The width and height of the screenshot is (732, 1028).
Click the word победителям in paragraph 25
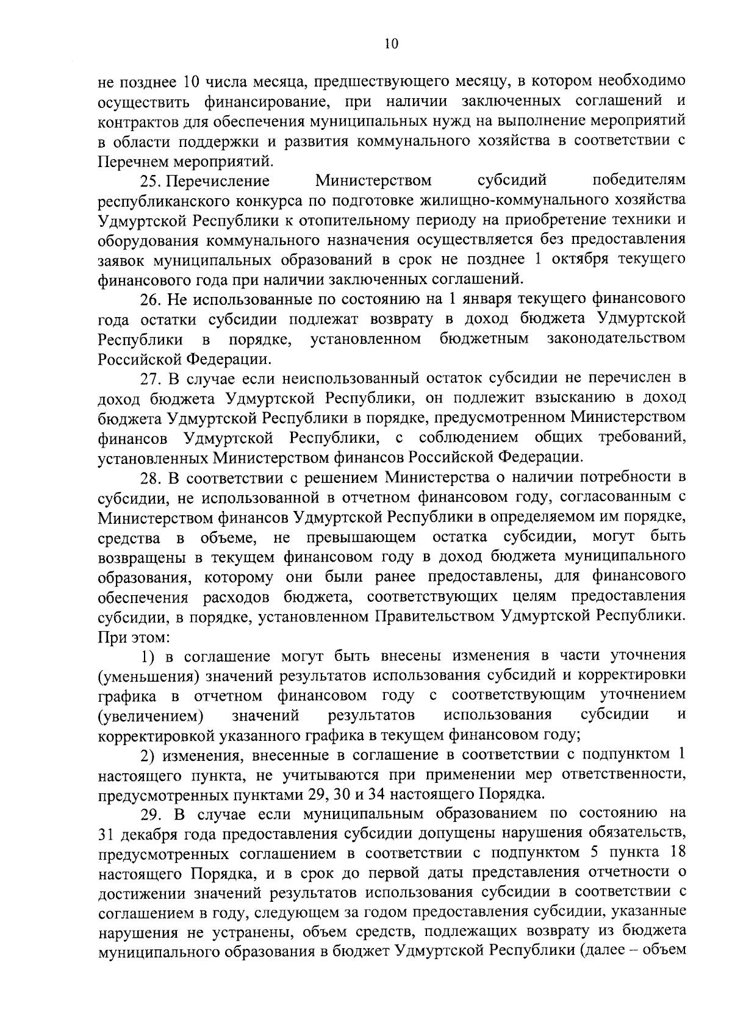click(639, 181)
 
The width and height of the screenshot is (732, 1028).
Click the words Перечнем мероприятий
click(185, 162)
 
